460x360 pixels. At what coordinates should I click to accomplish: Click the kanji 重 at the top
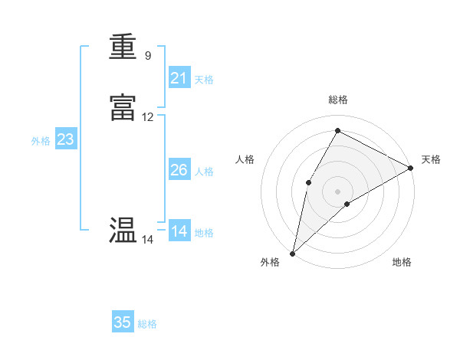pyautogui.click(x=123, y=47)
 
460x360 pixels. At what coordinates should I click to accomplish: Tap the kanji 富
pyautogui.click(x=123, y=109)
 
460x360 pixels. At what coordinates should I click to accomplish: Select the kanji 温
pyautogui.click(x=123, y=231)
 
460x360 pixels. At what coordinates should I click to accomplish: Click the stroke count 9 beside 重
pyautogui.click(x=147, y=56)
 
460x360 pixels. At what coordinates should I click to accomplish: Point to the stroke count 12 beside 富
pyautogui.click(x=148, y=117)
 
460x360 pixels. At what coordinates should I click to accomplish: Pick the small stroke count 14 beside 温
pyautogui.click(x=147, y=240)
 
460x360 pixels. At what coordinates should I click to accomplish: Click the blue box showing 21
pyautogui.click(x=179, y=77)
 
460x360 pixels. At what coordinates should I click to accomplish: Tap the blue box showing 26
pyautogui.click(x=179, y=170)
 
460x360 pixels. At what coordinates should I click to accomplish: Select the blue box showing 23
pyautogui.click(x=66, y=139)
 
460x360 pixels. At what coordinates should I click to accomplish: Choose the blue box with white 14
pyautogui.click(x=179, y=231)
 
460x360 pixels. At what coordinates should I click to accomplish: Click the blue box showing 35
pyautogui.click(x=123, y=322)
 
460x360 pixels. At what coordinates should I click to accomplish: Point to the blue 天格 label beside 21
pyautogui.click(x=204, y=79)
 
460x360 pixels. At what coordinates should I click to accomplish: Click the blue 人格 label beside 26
pyautogui.click(x=204, y=172)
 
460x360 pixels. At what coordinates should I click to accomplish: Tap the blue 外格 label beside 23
pyautogui.click(x=41, y=141)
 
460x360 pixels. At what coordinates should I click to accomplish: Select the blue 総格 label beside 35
pyautogui.click(x=147, y=324)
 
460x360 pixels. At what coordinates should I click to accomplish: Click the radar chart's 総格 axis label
pyautogui.click(x=338, y=100)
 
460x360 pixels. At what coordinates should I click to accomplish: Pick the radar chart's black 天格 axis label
pyautogui.click(x=431, y=159)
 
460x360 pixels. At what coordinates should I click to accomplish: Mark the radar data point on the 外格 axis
pyautogui.click(x=293, y=253)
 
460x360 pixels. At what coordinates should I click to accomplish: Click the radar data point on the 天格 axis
pyautogui.click(x=411, y=167)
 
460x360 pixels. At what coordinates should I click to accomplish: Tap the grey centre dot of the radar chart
pyautogui.click(x=338, y=191)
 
